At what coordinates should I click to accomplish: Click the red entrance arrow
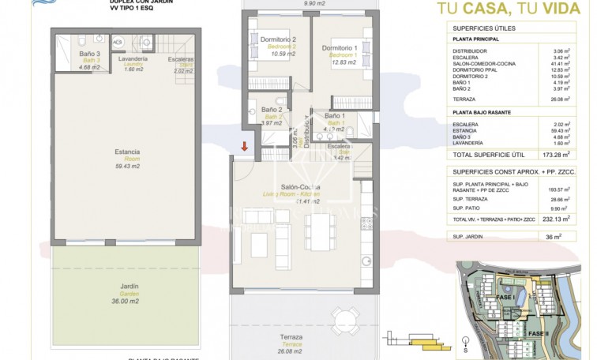(x=244, y=146)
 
